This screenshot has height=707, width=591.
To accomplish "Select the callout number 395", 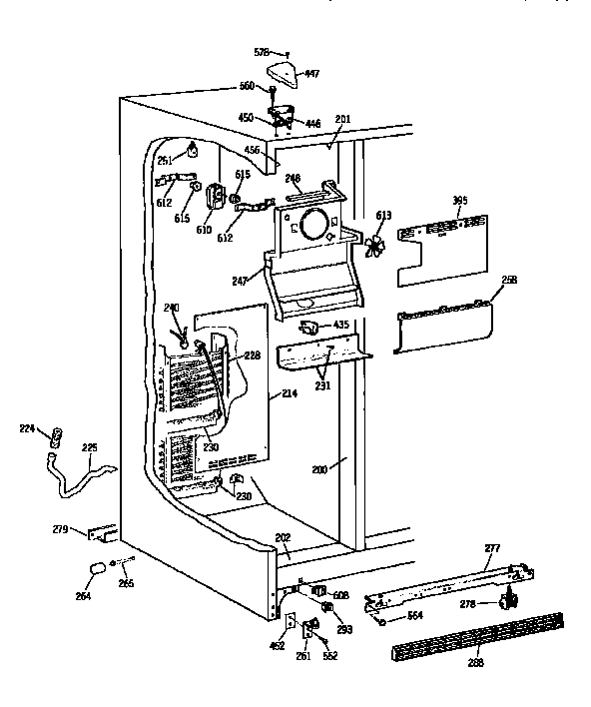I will point(459,202).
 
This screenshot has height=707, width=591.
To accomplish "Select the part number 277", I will point(491,548).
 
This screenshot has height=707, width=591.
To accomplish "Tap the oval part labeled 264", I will point(97,569).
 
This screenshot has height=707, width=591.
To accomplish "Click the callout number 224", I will point(28,428).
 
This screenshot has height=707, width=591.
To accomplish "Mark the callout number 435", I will point(340,326).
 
